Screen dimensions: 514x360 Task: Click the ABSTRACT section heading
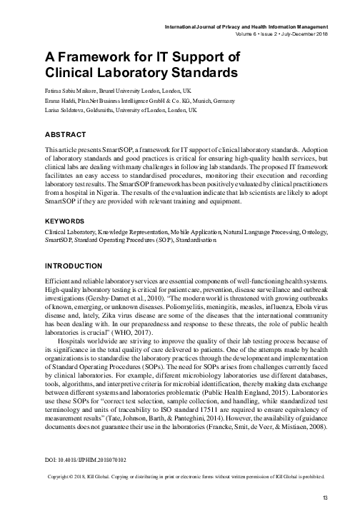coord(67,133)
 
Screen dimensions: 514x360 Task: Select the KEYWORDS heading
coord(68,222)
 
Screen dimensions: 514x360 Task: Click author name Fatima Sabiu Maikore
coord(73,92)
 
